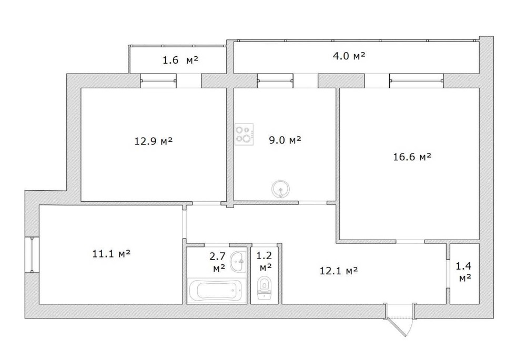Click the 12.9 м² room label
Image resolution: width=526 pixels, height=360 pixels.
pos(153,141)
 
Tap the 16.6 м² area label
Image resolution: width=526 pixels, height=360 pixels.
pos(412,157)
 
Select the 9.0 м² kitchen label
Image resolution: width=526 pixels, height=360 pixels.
pos(285,139)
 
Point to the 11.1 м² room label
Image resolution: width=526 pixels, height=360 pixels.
pos(111,253)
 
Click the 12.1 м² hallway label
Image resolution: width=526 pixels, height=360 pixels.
pos(338,270)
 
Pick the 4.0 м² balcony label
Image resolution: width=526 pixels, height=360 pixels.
pos(349,56)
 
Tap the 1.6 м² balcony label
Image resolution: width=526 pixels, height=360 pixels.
pos(180,60)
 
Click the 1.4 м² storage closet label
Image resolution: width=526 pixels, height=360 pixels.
pos(463,272)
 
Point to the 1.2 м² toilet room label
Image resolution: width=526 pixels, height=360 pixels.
pos(265,261)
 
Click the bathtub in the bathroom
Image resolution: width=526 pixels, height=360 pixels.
pos(215,291)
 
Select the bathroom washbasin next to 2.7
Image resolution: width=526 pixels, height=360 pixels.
pos(238,261)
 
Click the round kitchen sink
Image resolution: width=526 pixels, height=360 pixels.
pos(280,189)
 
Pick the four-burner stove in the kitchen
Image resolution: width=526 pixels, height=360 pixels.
pos(244,135)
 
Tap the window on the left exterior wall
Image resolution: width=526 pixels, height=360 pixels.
pos(32,255)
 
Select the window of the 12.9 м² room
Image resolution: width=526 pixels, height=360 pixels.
pos(158,80)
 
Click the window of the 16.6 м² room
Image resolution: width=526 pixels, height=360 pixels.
pos(416,80)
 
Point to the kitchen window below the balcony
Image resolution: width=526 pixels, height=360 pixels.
pos(275,80)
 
